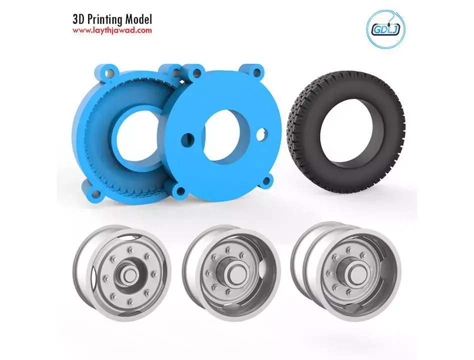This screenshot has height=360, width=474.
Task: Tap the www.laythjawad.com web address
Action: pyautogui.click(x=112, y=30)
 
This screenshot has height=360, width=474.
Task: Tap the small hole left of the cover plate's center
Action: pyautogui.click(x=189, y=137)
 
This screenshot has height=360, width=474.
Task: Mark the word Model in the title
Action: pyautogui.click(x=137, y=19)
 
